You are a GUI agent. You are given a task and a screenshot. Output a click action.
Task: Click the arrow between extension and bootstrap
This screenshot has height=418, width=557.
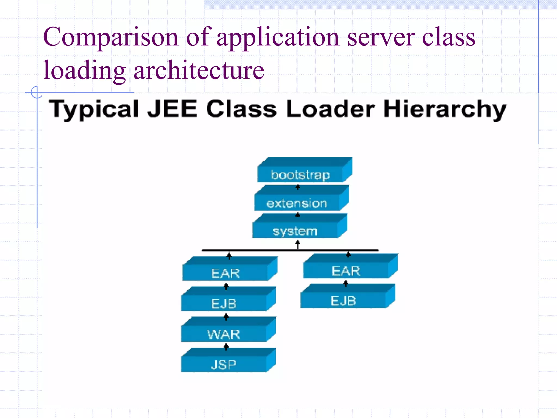[298, 187]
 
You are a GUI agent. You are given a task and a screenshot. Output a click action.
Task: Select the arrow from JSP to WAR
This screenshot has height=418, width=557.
[226, 347]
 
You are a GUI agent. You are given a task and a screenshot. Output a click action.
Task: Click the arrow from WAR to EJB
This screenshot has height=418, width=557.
[226, 317]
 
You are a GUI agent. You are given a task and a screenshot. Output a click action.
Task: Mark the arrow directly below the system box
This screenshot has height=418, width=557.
[298, 244]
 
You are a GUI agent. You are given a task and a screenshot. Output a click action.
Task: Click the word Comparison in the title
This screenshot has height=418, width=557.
[110, 37]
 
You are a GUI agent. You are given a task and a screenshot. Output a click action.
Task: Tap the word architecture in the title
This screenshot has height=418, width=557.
[199, 70]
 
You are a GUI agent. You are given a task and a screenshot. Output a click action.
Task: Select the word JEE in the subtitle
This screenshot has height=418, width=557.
[172, 109]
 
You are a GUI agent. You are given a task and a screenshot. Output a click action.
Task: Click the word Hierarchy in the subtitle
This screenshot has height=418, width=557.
[445, 109]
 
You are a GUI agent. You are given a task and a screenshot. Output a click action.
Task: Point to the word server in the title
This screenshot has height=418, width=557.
[381, 37]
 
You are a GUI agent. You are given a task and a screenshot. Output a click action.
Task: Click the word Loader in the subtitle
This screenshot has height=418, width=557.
[331, 109]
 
